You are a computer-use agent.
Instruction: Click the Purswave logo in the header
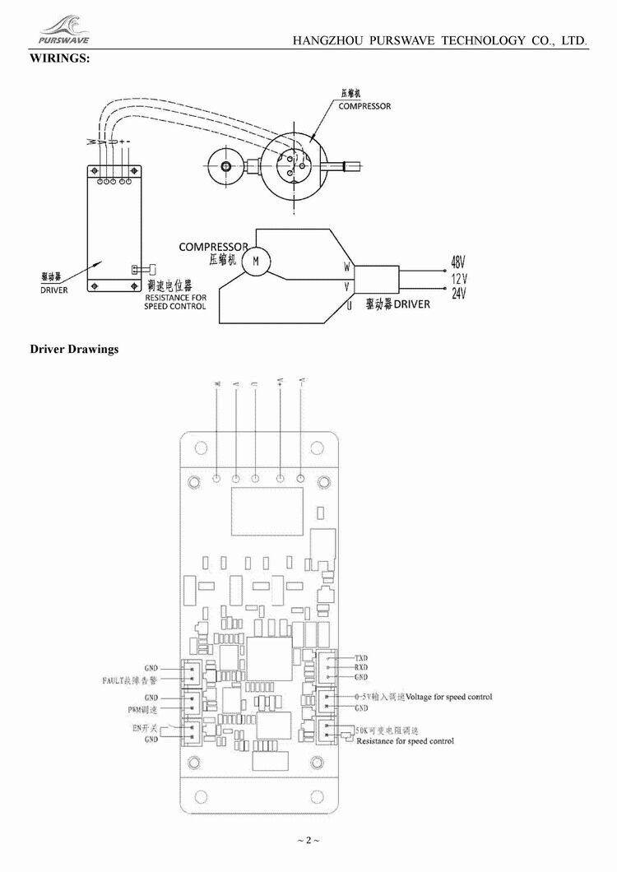tap(63, 30)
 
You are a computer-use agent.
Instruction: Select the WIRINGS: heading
tap(60, 58)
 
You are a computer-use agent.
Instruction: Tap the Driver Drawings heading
tap(74, 349)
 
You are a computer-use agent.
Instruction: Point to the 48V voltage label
tap(458, 263)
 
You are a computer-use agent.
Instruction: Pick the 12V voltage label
tap(459, 278)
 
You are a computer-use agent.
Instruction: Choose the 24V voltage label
tap(459, 293)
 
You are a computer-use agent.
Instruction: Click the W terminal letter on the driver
tap(347, 267)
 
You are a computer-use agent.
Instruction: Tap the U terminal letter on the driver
tap(349, 306)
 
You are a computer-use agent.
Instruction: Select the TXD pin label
tap(360, 658)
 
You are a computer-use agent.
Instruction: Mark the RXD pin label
tap(360, 667)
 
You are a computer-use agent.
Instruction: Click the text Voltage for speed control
tap(449, 697)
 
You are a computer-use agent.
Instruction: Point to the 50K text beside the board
tap(363, 730)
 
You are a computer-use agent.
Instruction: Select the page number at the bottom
tap(308, 840)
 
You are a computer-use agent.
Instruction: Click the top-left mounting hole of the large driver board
tap(198, 448)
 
